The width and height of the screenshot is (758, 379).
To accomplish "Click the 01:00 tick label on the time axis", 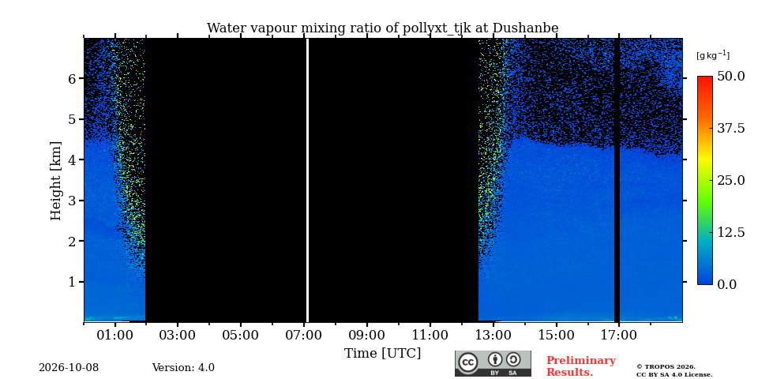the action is tap(115, 336).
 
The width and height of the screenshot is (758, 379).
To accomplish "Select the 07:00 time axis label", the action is tap(304, 336).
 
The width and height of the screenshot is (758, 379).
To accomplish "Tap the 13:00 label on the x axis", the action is tap(493, 336).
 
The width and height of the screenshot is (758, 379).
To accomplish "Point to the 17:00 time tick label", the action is tap(619, 336).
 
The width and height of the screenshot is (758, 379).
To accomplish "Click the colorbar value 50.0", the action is tap(730, 77).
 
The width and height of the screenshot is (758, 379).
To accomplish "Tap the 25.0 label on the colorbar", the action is tap(730, 180).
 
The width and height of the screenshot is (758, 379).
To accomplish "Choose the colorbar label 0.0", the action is tap(727, 284).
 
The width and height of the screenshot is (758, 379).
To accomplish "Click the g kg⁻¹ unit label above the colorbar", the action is tap(713, 55).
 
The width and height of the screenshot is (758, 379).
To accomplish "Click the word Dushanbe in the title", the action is tap(525, 28).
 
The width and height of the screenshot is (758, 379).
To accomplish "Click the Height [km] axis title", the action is tap(57, 181).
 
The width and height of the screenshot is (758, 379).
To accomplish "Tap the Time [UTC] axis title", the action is tap(382, 354).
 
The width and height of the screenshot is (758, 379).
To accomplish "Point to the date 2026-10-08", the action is tap(69, 368).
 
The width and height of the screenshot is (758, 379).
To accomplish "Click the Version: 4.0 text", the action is tap(183, 368).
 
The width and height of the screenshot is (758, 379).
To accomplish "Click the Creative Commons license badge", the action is tap(493, 363).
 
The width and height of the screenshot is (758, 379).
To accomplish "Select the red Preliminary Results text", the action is tap(581, 366).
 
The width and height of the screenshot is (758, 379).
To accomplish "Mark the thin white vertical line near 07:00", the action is tap(307, 180).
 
